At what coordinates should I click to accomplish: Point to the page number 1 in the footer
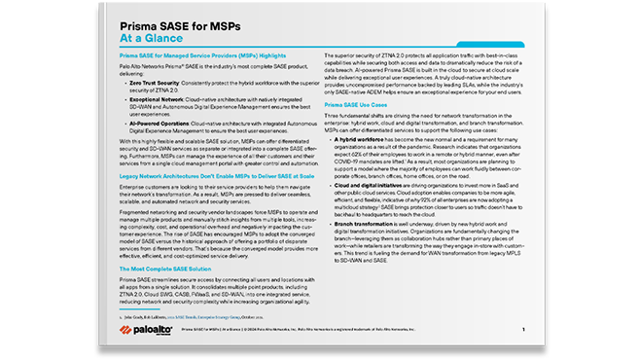pyautogui.click(x=523, y=330)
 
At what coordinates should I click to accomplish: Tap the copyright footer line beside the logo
pyautogui.click(x=321, y=330)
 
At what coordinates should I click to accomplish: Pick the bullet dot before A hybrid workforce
pyautogui.click(x=328, y=141)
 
